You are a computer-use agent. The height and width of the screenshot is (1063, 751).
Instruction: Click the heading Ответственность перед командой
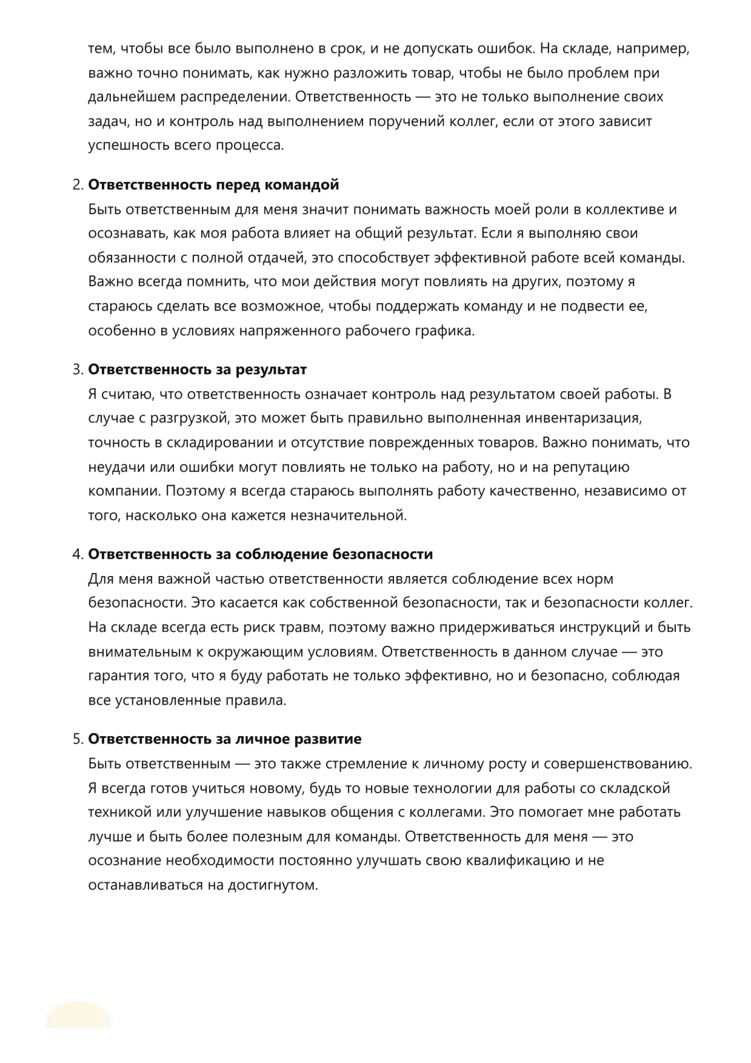coord(213,185)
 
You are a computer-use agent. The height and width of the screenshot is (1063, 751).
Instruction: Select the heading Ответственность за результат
coord(198,369)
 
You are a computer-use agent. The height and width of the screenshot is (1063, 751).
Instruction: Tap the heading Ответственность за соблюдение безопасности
coord(261,554)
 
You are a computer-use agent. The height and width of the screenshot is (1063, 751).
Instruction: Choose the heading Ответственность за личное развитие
coord(225,739)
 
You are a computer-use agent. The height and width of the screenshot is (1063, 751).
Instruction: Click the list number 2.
coord(77,185)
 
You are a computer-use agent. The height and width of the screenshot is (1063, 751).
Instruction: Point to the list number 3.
coord(77,369)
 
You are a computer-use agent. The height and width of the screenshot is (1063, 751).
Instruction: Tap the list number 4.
coord(77,554)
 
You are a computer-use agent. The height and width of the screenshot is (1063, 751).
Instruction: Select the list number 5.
coord(77,739)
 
